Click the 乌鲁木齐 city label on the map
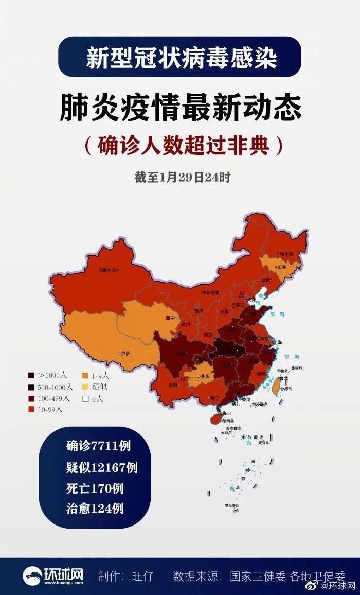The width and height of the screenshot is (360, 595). (106, 269)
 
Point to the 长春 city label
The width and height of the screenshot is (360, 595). (281, 267)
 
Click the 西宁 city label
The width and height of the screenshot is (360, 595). (170, 318)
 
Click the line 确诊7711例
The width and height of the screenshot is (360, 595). (94, 446)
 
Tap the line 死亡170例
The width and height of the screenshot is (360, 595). (94, 488)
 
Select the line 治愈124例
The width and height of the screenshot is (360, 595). (94, 509)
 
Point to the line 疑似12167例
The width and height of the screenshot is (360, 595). (101, 467)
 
